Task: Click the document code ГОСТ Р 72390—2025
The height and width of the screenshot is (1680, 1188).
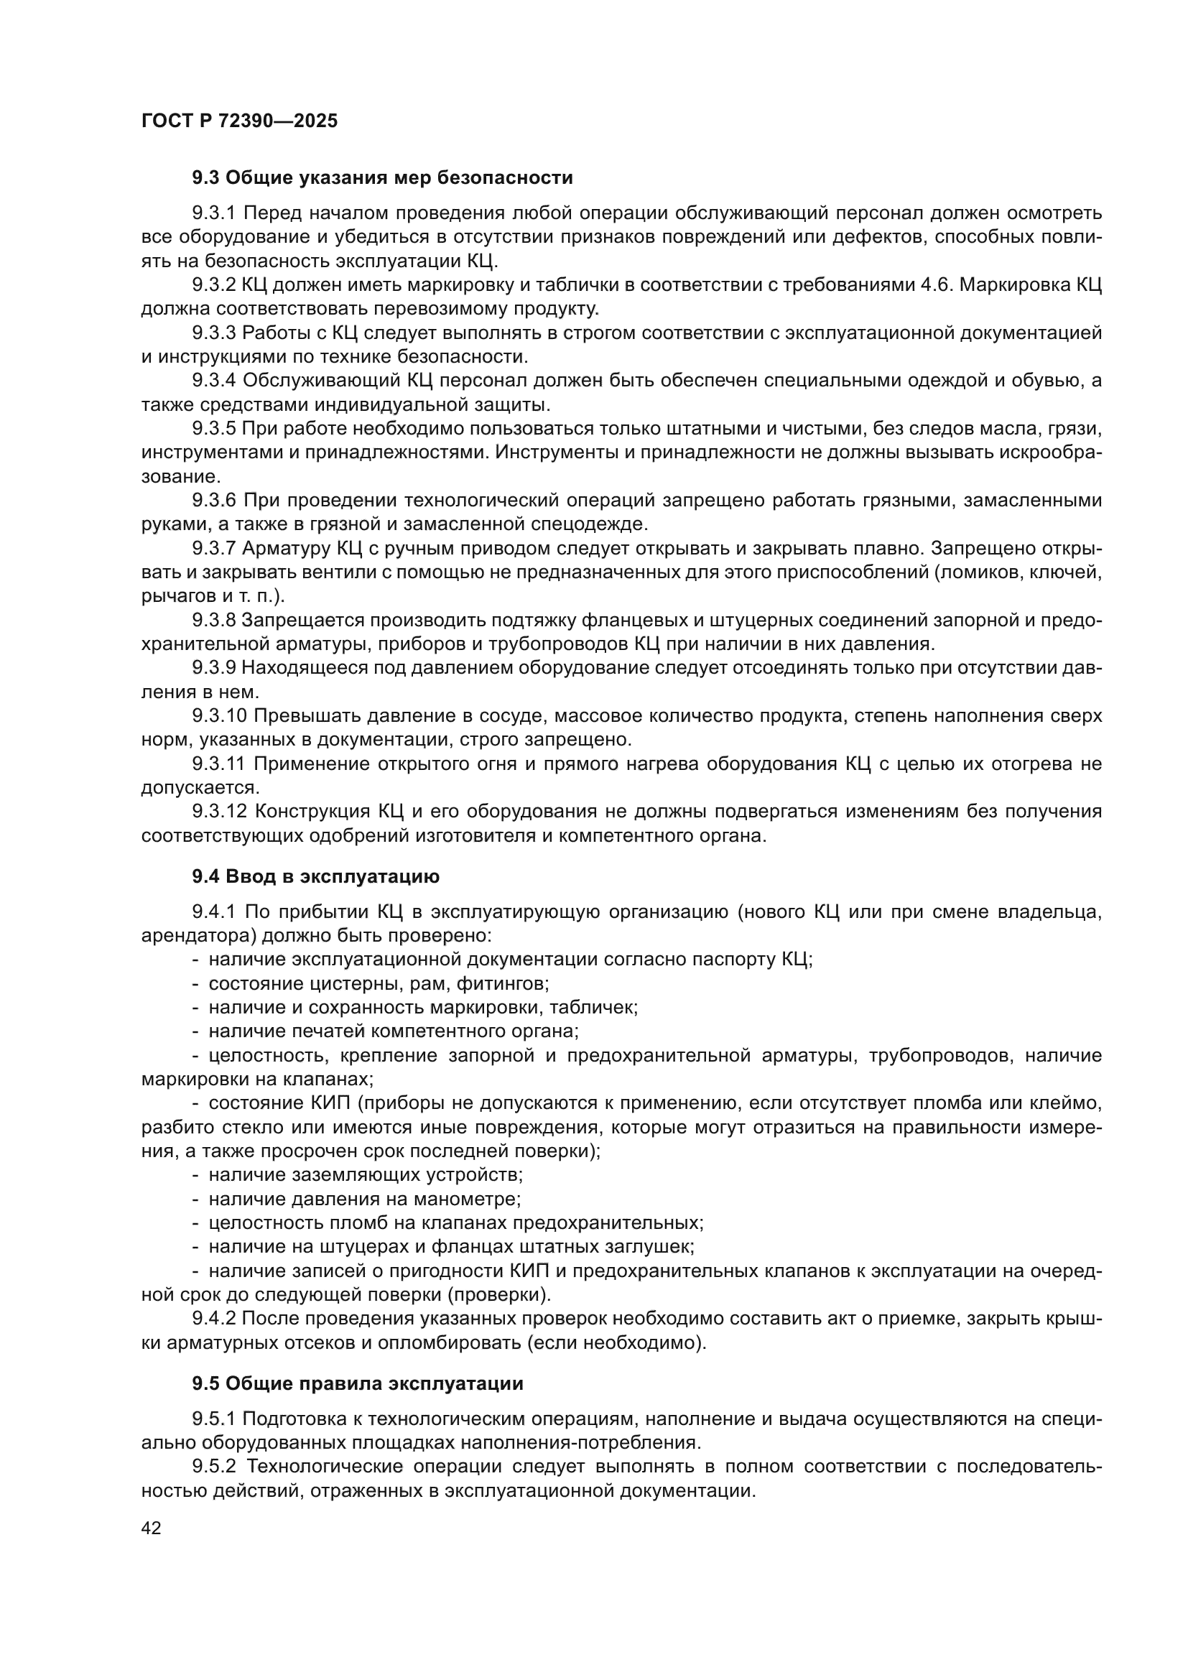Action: (x=239, y=121)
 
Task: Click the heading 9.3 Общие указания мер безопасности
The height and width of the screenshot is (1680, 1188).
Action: (x=382, y=178)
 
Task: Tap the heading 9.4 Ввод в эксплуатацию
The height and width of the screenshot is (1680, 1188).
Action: (x=315, y=876)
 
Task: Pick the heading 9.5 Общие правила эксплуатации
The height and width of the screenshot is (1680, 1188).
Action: (x=358, y=1383)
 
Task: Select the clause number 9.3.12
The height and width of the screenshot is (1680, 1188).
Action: (x=220, y=812)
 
